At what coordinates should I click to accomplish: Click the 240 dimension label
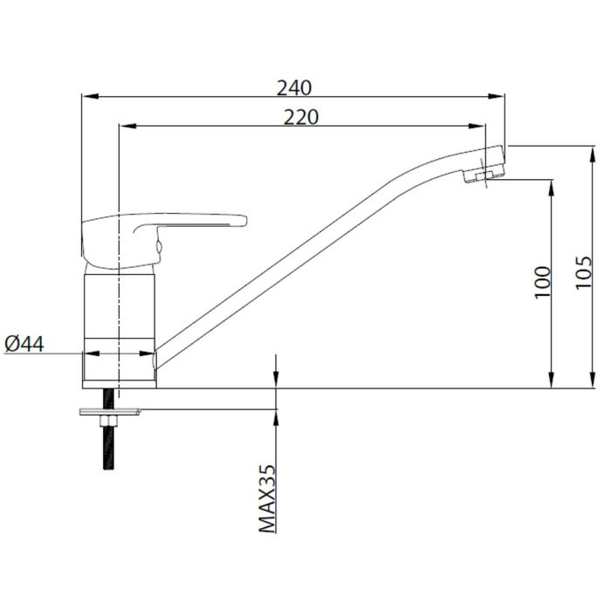click(294, 87)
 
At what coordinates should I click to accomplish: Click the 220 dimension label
click(300, 117)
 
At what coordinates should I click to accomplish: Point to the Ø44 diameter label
click(24, 345)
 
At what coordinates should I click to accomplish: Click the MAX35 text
click(267, 498)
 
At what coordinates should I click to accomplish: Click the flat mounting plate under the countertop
click(109, 411)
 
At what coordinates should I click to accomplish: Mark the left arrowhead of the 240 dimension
click(87, 98)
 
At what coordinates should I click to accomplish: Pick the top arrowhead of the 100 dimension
click(552, 185)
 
